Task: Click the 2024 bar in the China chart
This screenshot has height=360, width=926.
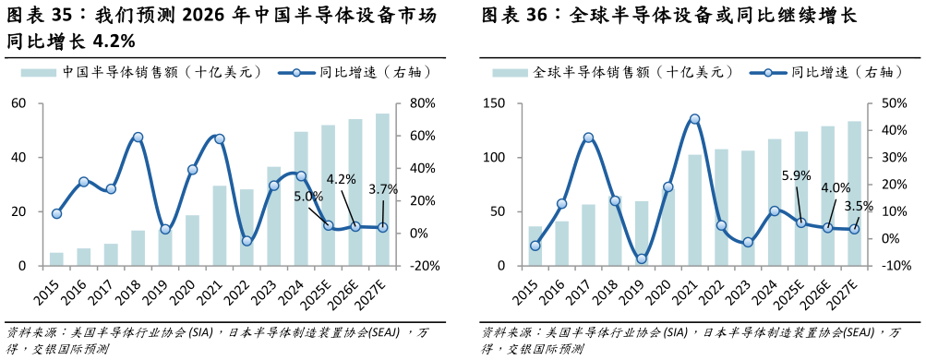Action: click(301, 198)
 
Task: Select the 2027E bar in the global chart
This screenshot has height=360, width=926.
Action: click(854, 194)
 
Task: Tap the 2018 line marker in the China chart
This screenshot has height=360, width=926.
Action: click(138, 138)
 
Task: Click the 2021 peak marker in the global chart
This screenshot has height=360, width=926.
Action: click(694, 119)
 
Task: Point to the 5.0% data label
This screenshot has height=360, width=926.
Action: click(308, 196)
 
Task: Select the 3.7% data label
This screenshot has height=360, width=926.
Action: click(382, 189)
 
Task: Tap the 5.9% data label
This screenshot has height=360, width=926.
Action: click(796, 175)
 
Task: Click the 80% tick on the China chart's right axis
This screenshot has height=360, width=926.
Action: click(410, 103)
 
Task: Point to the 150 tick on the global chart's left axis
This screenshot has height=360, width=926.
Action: click(493, 103)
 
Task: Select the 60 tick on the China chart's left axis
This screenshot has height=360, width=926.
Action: click(18, 103)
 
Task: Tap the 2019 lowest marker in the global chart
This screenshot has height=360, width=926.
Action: click(641, 259)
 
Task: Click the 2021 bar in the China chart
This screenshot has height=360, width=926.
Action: click(219, 225)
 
